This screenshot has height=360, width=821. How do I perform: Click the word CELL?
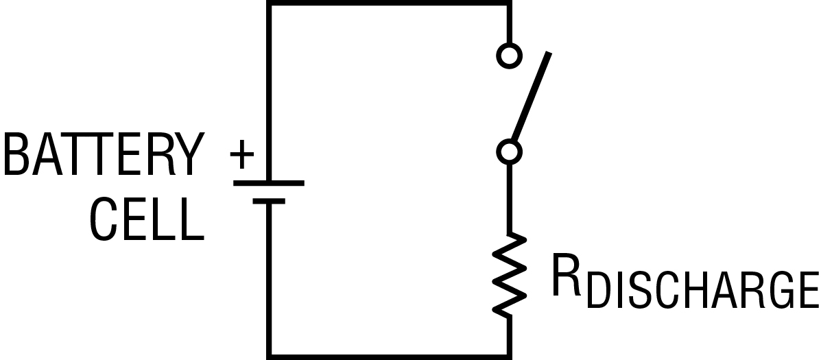click(x=147, y=219)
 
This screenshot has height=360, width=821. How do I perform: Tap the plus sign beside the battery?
click(x=242, y=154)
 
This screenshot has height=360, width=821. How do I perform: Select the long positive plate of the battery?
click(x=269, y=183)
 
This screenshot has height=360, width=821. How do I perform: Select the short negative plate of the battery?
click(x=269, y=201)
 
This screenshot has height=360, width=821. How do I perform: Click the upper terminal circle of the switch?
click(x=509, y=55)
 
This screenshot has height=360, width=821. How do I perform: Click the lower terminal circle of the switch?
click(x=509, y=152)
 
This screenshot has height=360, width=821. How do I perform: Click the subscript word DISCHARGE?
click(x=702, y=290)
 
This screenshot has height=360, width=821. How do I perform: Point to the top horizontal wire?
click(x=389, y=3)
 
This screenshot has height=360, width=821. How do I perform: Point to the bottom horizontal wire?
click(x=389, y=357)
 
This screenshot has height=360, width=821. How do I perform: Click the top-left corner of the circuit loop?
click(x=269, y=3)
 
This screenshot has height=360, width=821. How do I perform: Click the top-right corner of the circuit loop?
click(x=509, y=3)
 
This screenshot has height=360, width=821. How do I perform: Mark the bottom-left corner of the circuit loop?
click(x=269, y=357)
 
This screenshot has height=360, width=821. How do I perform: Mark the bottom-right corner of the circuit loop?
click(x=509, y=357)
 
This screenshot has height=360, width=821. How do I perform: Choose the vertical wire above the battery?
click(x=269, y=92)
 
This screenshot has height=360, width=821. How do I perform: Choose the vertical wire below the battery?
click(x=269, y=280)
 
